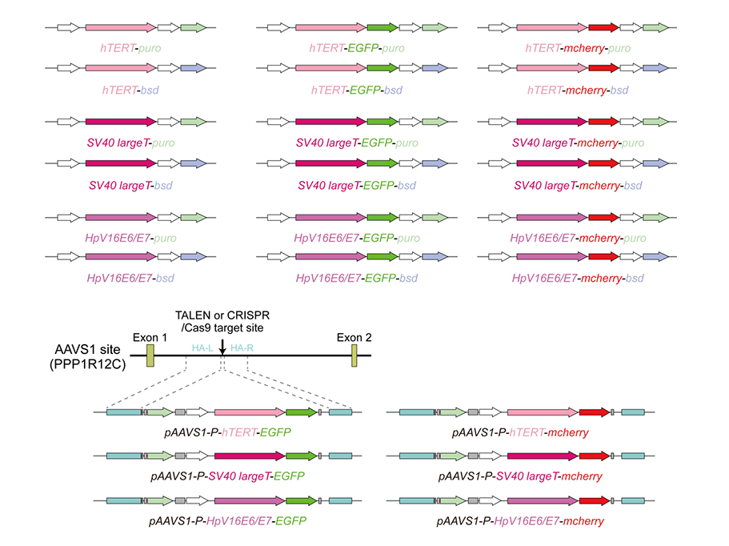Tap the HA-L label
(202, 348)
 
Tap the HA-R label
(241, 348)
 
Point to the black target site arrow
(222, 344)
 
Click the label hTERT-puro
(131, 49)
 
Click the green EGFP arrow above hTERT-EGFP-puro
(383, 28)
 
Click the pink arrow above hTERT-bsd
(119, 70)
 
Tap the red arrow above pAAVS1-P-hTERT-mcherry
(593, 412)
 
